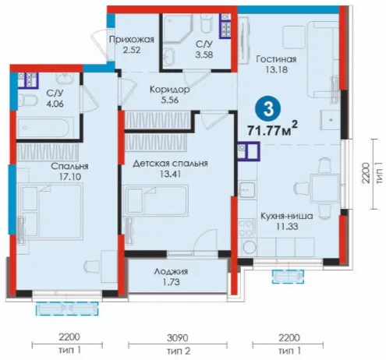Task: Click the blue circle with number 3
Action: (x=268, y=109)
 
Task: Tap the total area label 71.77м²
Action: (x=272, y=129)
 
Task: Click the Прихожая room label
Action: (x=132, y=40)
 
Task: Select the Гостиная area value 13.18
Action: (x=276, y=69)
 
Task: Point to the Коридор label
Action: (x=170, y=90)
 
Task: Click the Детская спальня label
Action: (x=170, y=164)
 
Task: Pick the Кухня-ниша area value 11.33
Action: (x=287, y=227)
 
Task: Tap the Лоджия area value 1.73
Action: (x=172, y=282)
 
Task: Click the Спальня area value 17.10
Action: (x=70, y=177)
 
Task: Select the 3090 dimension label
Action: (x=178, y=338)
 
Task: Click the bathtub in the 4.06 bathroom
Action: (x=45, y=128)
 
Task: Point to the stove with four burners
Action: (x=246, y=228)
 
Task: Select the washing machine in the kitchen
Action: (x=248, y=248)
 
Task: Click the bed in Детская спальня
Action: (x=157, y=200)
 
